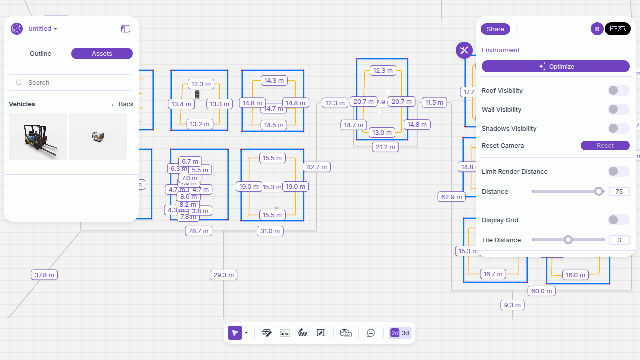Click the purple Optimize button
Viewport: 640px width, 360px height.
click(x=555, y=66)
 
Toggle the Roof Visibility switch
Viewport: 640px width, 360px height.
click(x=618, y=90)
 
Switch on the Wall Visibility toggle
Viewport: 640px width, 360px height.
click(x=618, y=109)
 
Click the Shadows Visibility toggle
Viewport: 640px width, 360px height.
click(x=618, y=128)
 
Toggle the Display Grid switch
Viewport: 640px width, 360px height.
click(x=618, y=220)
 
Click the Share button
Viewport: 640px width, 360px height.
click(x=495, y=29)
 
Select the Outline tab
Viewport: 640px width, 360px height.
click(x=40, y=53)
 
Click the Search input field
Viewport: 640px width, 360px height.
click(x=70, y=82)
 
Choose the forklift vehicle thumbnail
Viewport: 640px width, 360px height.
click(x=38, y=136)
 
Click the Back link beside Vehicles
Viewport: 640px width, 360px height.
click(x=122, y=104)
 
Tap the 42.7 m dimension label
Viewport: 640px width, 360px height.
click(x=317, y=167)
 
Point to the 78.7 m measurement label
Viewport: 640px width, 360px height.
click(x=198, y=231)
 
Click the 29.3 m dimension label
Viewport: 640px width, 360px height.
click(x=223, y=275)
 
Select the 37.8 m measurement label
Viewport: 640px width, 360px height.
click(x=44, y=275)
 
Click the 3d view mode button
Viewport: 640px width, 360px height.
click(x=406, y=333)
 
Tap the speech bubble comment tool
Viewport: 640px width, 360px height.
click(x=371, y=333)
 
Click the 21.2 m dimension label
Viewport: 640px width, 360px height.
click(x=385, y=147)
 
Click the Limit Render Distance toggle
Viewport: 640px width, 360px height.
click(x=618, y=171)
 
